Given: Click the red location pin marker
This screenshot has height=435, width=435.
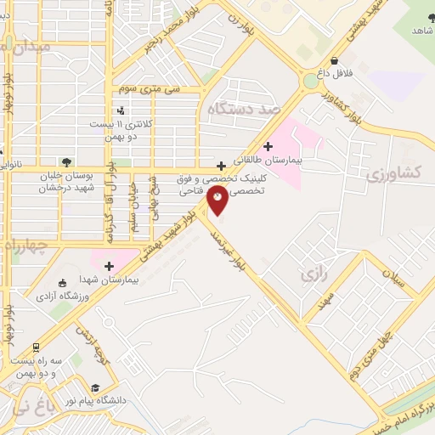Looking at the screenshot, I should (218, 201).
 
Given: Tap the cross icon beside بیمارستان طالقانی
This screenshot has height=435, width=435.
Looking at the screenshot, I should (270, 145).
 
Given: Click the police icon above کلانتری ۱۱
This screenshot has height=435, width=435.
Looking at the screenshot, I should (121, 110).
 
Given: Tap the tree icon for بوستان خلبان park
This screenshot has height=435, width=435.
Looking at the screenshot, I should (65, 160).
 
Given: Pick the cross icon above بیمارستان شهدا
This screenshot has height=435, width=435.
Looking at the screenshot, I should (108, 266).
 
